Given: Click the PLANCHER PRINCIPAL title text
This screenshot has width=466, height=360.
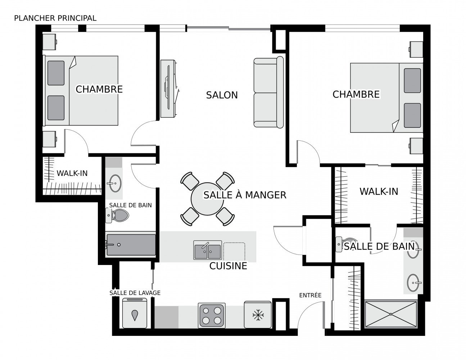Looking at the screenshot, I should click(55, 18).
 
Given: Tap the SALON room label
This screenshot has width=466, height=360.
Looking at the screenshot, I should click(222, 95).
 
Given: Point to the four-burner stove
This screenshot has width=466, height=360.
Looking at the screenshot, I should click(212, 315).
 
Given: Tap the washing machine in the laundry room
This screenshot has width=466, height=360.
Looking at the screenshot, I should click(135, 313).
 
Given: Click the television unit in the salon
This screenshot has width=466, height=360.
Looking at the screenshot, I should click(168, 89).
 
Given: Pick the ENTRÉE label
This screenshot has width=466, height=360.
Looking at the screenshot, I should click(310, 295).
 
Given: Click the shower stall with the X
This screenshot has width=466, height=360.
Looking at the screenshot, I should click(391, 314).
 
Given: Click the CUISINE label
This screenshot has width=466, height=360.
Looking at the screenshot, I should click(228, 266).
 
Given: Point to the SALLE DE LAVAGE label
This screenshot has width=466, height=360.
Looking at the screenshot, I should click(135, 293).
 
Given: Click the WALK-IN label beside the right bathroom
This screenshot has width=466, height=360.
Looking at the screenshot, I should click(379, 192).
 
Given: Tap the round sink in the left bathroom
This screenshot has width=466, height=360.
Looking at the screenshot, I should click(115, 183).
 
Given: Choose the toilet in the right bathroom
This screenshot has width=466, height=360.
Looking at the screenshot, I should click(341, 244).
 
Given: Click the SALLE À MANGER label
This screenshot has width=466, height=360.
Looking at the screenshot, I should click(245, 195).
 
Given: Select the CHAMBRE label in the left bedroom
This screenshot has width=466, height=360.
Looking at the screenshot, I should click(99, 89).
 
